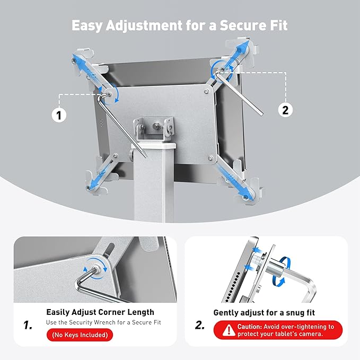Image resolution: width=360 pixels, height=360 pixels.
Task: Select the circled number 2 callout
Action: tap(285, 110)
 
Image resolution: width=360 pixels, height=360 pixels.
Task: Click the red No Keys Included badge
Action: tap(80, 335)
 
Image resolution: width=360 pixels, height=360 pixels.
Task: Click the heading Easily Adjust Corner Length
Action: tap(100, 312)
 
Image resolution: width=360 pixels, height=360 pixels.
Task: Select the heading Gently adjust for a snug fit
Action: tap(264, 313)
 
